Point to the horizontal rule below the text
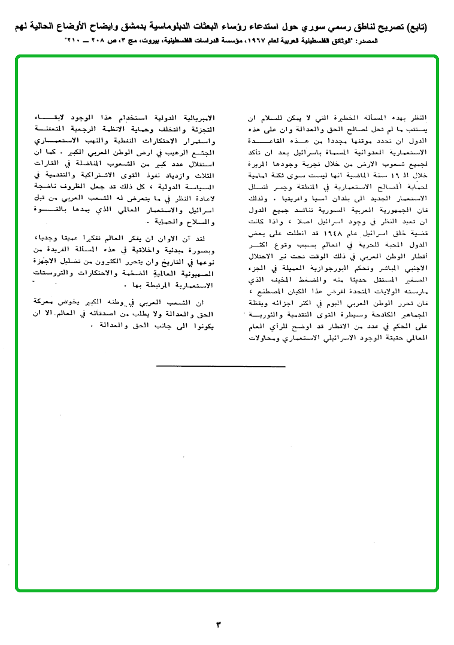tap(220, 365)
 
